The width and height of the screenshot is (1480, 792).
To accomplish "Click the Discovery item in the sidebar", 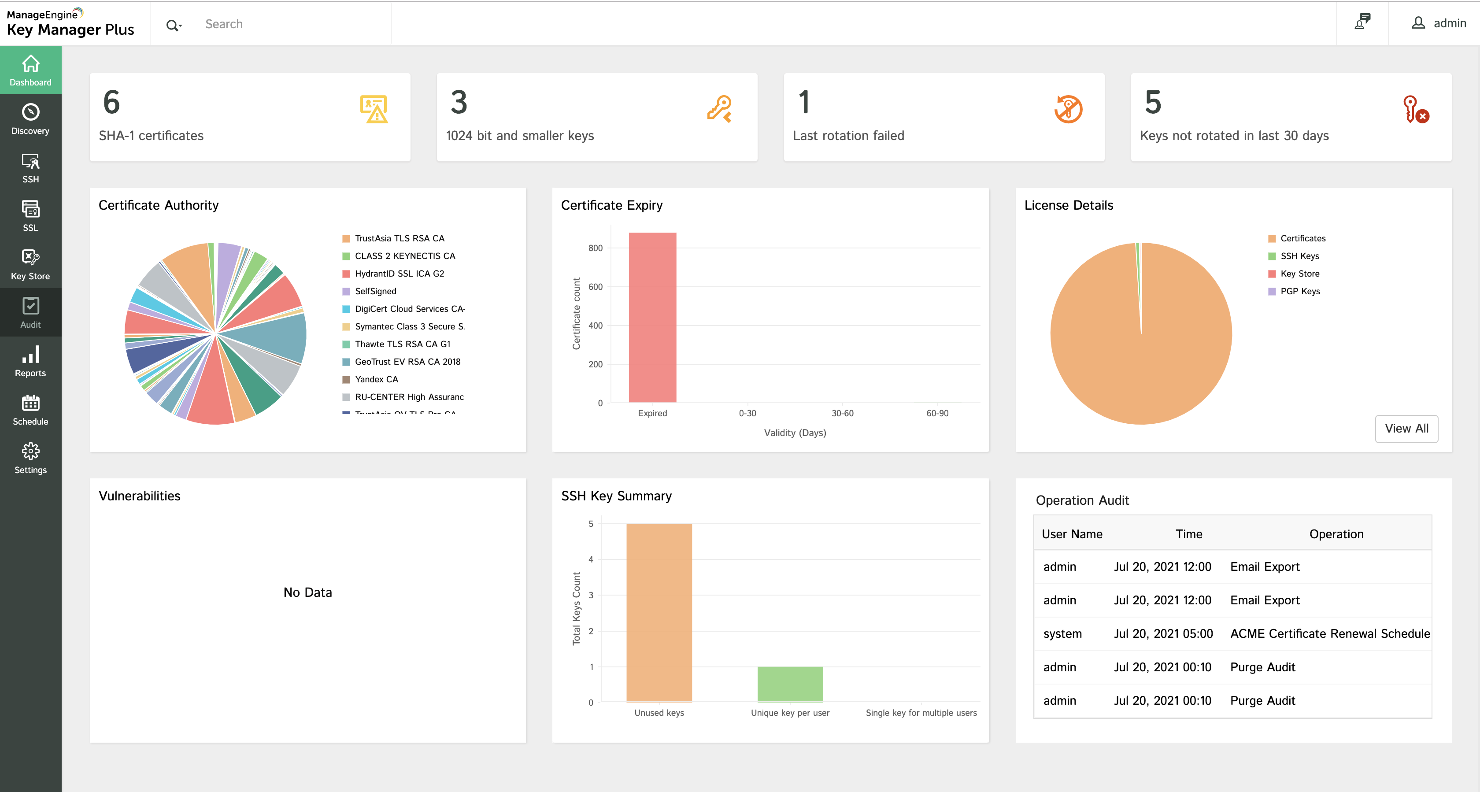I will [x=30, y=119].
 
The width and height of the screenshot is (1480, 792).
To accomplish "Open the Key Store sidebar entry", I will [x=30, y=264].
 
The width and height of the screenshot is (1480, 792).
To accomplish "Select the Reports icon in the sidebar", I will [x=30, y=361].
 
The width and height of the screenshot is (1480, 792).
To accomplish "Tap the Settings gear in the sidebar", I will [x=30, y=458].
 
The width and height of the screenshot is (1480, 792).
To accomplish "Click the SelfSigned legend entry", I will [x=375, y=292].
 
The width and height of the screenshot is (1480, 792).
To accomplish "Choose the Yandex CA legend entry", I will [x=376, y=379].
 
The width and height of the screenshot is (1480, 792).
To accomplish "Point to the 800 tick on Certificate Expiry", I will [x=595, y=248].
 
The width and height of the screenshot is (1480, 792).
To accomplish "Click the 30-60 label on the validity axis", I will [x=842, y=413].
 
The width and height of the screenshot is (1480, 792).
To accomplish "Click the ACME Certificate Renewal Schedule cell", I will [x=1329, y=633].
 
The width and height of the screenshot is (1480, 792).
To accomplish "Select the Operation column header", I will [x=1336, y=534].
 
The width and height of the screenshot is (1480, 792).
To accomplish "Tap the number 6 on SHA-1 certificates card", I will [x=111, y=102].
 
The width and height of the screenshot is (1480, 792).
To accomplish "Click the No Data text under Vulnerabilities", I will [x=307, y=592].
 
